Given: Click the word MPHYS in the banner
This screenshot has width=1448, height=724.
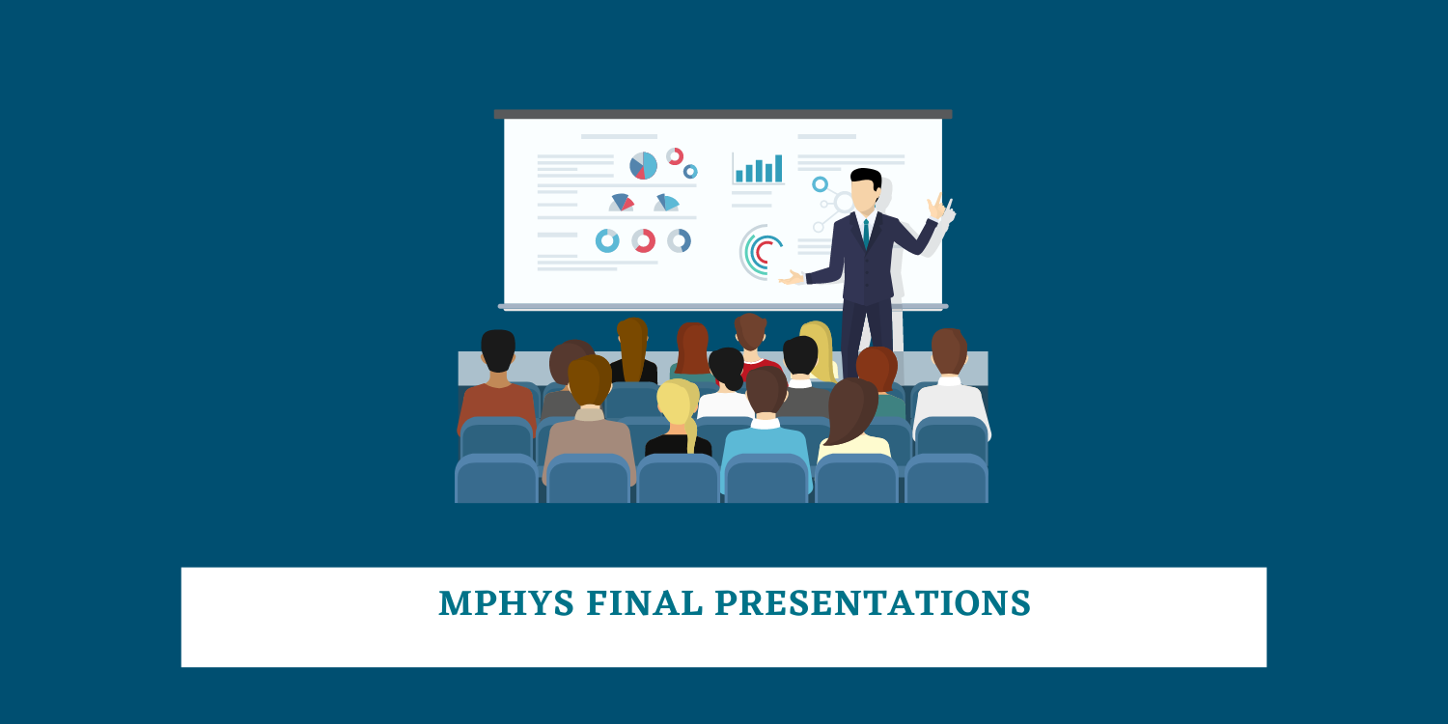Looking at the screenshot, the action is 506,602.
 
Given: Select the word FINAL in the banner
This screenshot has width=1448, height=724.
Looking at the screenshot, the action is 645,602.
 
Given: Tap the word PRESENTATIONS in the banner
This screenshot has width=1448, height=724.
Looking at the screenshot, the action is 873,602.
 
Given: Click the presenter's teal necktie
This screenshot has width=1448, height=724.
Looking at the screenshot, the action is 866,234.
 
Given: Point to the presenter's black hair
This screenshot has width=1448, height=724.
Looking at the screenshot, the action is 866,177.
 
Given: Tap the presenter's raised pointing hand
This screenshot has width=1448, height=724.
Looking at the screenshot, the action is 936,207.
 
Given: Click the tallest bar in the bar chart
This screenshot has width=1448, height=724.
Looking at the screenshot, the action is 778,168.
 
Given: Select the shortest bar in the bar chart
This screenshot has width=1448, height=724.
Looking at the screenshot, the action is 739,176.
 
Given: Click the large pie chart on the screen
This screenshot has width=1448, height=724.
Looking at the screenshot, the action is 643,166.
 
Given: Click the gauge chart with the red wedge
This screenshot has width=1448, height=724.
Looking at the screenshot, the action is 622,203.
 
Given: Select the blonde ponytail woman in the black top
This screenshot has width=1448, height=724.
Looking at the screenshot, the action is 678,420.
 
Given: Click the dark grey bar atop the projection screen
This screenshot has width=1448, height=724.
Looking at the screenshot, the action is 723,114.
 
